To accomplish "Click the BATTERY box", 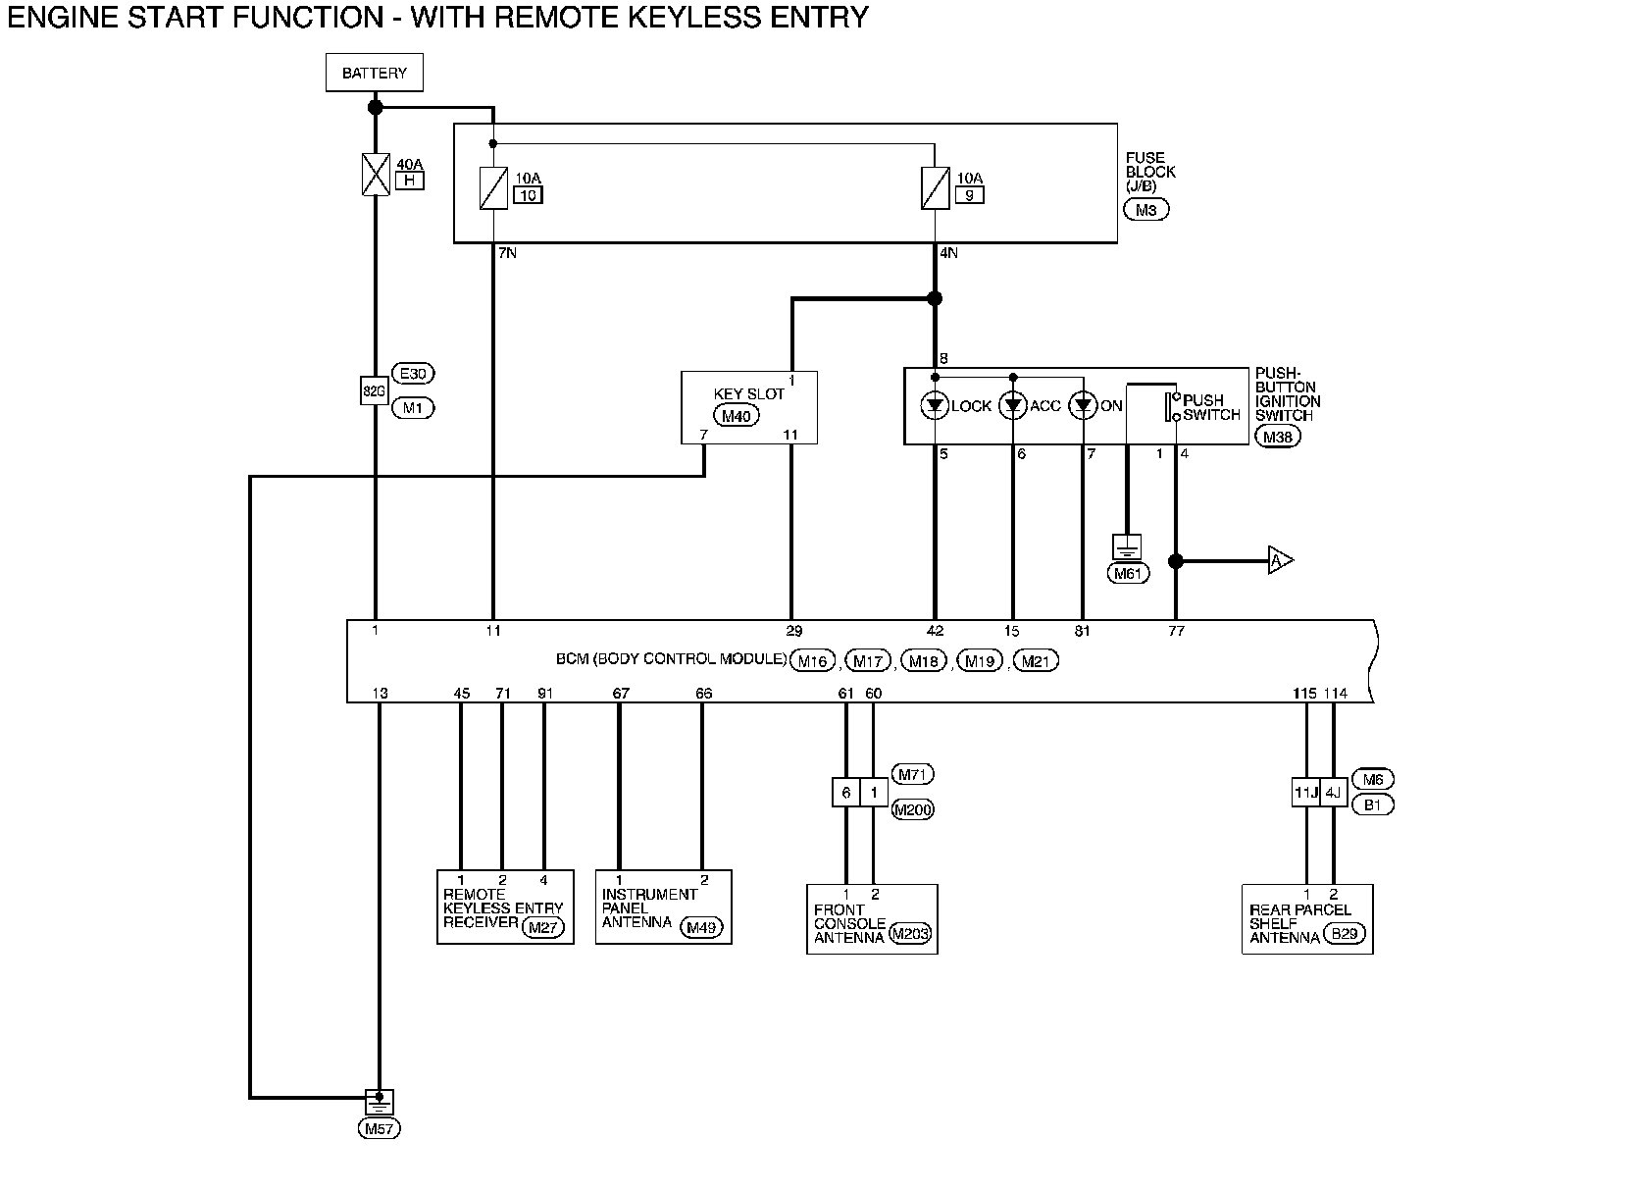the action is point(375,73).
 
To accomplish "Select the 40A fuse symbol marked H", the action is point(376,175).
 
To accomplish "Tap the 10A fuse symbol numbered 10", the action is point(493,188).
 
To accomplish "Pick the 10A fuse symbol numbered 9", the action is point(936,188).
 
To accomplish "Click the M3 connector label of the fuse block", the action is point(1146,210).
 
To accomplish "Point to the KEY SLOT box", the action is point(749,408).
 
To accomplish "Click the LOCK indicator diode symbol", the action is point(935,405).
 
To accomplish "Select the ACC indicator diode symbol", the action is point(1013,405).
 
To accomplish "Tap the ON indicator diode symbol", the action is point(1083,405).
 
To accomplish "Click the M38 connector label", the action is point(1278,437).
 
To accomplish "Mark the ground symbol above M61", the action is point(1127,546).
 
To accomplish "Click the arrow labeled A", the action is point(1281,560).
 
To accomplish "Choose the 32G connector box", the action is point(375,391).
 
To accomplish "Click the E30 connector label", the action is point(413,374).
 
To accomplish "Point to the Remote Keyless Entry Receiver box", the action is point(505,908).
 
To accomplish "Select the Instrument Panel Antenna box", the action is point(664,908).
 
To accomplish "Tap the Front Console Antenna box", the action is point(872,919).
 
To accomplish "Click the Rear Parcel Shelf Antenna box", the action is point(1307,919).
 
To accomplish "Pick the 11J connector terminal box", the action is point(1306,793).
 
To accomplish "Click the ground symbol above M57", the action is point(379,1102).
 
